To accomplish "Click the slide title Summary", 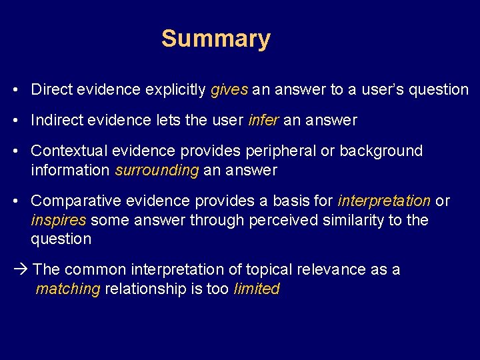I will [x=215, y=39].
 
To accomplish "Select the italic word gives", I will [x=229, y=90].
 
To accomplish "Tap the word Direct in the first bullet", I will [x=51, y=89].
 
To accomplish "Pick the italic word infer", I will [x=263, y=121].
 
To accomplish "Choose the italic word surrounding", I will [x=157, y=171].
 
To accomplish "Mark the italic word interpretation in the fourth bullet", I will [x=384, y=201].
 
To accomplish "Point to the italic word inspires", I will [x=58, y=220].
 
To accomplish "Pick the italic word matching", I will [x=67, y=289].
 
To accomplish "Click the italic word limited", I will [x=257, y=289].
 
